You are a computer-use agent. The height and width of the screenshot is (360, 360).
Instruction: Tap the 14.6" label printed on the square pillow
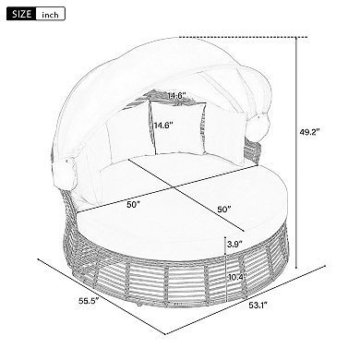(x=163, y=125)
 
